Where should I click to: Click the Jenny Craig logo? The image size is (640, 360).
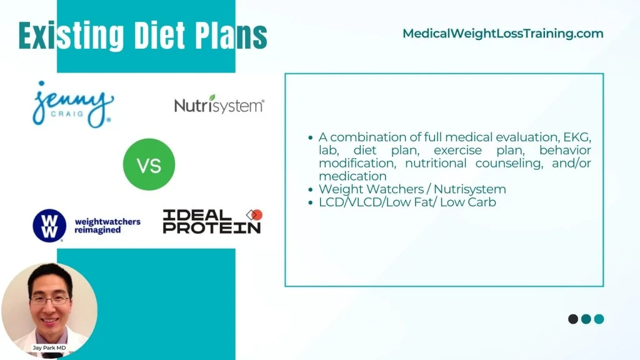point(73,104)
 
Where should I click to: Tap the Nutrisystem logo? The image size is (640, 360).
point(219,104)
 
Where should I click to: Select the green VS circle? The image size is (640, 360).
point(149,164)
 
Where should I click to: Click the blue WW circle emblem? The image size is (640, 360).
point(49,226)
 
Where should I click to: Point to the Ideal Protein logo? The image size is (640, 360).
point(212,222)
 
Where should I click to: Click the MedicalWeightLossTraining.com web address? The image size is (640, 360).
point(503,34)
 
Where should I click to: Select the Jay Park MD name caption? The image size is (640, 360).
point(49,347)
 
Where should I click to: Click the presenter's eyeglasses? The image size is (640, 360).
point(50,301)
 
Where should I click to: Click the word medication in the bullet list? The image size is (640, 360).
point(352,176)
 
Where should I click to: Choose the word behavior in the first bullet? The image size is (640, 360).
point(565,150)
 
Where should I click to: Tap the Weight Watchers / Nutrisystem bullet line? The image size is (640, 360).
point(412,189)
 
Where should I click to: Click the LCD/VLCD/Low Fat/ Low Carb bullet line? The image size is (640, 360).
point(407,202)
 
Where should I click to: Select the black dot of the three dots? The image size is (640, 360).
point(573,319)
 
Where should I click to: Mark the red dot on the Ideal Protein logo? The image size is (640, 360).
point(257,215)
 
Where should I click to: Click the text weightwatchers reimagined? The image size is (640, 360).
point(107,226)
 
